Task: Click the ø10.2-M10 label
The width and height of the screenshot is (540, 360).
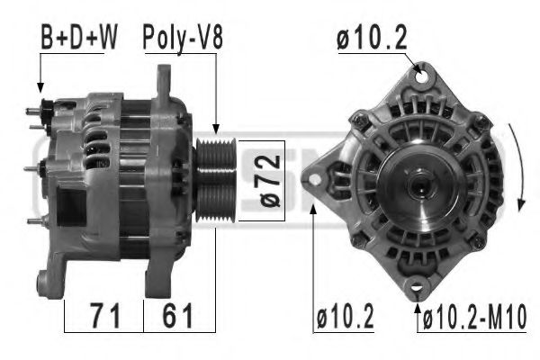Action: tap(475, 318)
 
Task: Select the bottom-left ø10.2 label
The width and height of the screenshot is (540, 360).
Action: tap(346, 318)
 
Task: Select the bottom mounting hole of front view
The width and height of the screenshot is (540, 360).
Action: tap(416, 288)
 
